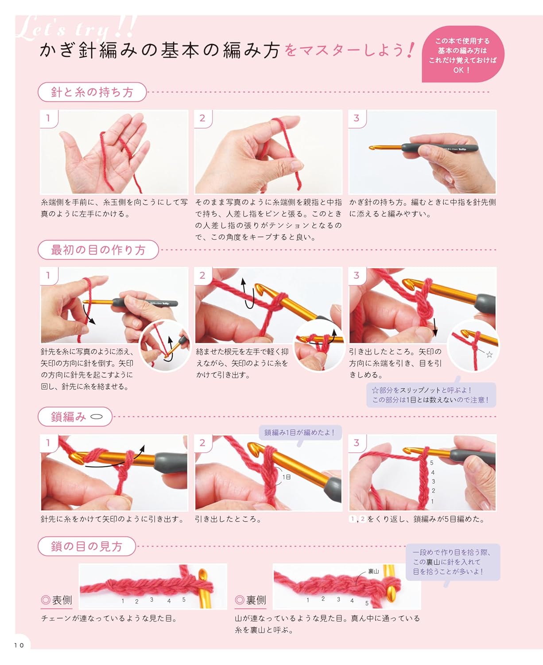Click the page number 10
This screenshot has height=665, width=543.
pos(19,645)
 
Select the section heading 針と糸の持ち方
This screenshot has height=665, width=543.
pos(92,92)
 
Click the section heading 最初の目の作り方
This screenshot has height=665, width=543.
pos(98,250)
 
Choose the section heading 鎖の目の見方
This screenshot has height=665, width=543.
pos(86,546)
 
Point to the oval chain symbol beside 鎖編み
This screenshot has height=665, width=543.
pos(97,417)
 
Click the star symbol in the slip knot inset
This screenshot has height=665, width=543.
pos(489,355)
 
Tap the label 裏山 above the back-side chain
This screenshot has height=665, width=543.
pos(373,571)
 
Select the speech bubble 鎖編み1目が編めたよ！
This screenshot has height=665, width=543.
pos(299,432)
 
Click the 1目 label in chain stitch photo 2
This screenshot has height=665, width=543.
pos(287,477)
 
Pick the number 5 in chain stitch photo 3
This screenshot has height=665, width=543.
pos(432,462)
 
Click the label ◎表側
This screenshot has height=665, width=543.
pos(56,600)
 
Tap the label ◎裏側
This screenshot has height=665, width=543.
pos(250,600)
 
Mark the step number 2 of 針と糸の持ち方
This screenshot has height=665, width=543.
pos(202,118)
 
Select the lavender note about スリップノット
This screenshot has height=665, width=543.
pos(431,395)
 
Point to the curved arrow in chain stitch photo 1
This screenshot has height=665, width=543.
pos(115,461)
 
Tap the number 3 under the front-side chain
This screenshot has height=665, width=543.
pos(151,600)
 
